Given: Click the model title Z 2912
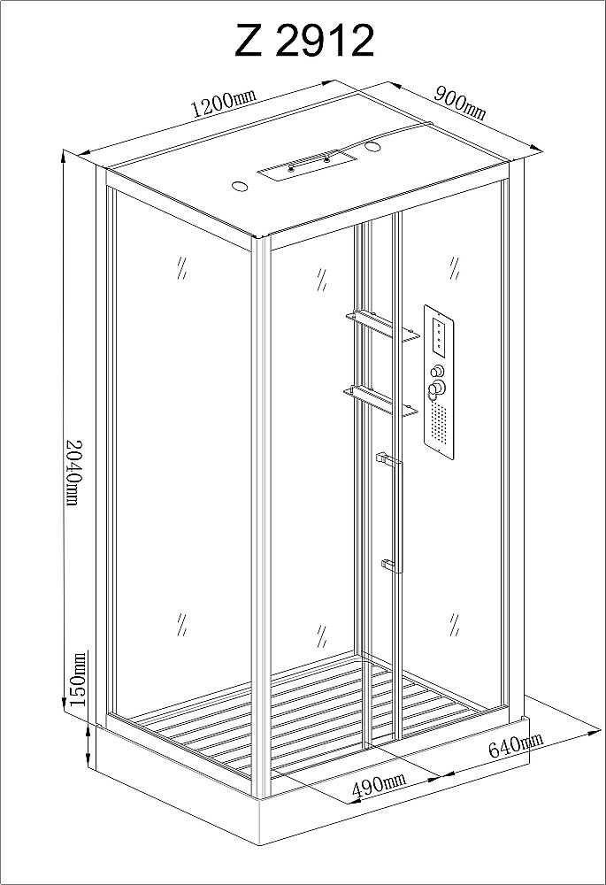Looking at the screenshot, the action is click(304, 41).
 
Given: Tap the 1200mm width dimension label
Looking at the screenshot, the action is click(224, 102).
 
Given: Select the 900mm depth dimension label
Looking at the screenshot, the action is click(460, 103).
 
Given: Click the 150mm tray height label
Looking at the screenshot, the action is click(78, 679).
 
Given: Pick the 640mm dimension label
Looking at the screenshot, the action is click(516, 745).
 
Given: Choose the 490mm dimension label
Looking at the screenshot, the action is click(379, 786).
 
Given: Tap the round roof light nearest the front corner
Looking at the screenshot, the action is click(241, 186).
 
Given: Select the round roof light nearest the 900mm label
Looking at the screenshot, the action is click(373, 147).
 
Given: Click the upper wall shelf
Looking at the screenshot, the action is click(382, 327).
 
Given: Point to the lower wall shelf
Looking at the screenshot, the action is click(381, 400).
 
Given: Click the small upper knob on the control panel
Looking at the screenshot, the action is click(437, 372).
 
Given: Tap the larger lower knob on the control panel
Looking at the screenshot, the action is click(436, 389).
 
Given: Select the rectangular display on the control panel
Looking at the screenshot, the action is click(439, 337).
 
